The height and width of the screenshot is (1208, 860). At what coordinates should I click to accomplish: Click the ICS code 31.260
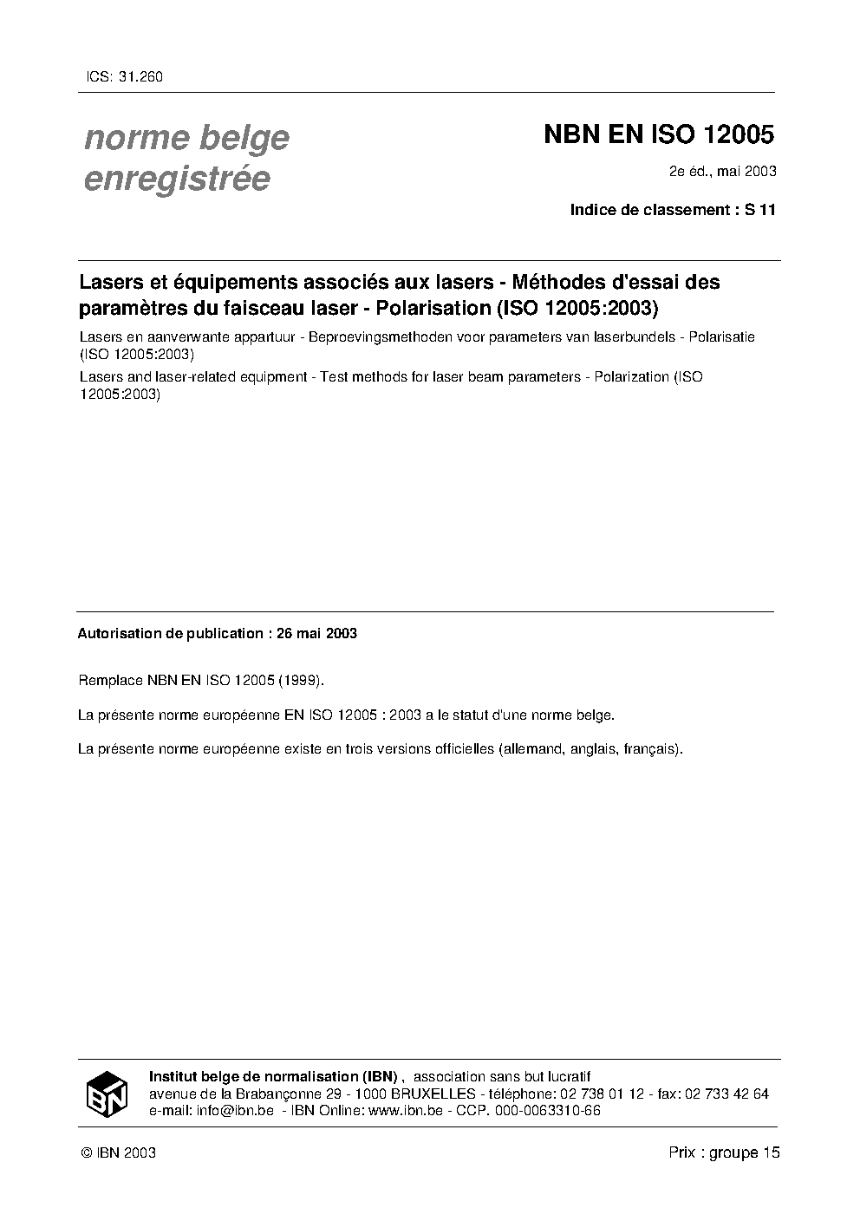(140, 76)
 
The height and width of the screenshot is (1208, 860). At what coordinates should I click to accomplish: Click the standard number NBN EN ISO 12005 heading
(658, 135)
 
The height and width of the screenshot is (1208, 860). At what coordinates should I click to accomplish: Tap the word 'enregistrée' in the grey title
(177, 179)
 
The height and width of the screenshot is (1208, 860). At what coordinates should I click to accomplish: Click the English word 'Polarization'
(631, 376)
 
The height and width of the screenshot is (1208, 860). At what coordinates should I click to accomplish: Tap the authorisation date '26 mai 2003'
(316, 633)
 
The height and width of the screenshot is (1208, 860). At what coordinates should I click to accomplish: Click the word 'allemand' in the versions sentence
(531, 748)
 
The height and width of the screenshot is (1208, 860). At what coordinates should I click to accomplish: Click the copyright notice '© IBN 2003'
(118, 1152)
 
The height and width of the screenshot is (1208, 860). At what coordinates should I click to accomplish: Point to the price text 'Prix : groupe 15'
(724, 1152)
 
